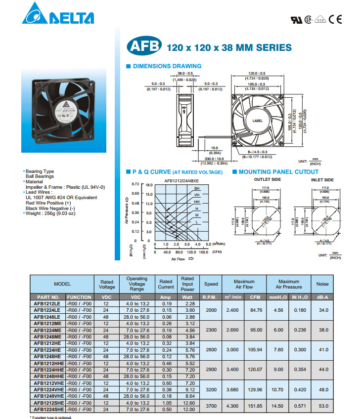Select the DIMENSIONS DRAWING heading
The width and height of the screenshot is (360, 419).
pos(166,66)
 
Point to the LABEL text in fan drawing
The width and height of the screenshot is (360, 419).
pos(258,120)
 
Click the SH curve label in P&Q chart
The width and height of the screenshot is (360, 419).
pos(197,188)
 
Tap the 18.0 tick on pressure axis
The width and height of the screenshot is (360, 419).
pos(148,184)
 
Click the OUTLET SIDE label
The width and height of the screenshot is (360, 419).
pos(267,180)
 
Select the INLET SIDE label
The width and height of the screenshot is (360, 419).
pos(322,180)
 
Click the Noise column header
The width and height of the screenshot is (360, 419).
pos(322,284)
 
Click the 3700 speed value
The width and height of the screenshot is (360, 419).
pos(211,405)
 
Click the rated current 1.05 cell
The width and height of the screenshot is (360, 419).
pos(166,403)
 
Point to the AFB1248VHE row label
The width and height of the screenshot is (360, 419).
pos(48,396)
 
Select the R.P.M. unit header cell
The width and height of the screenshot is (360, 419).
pos(211,296)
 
